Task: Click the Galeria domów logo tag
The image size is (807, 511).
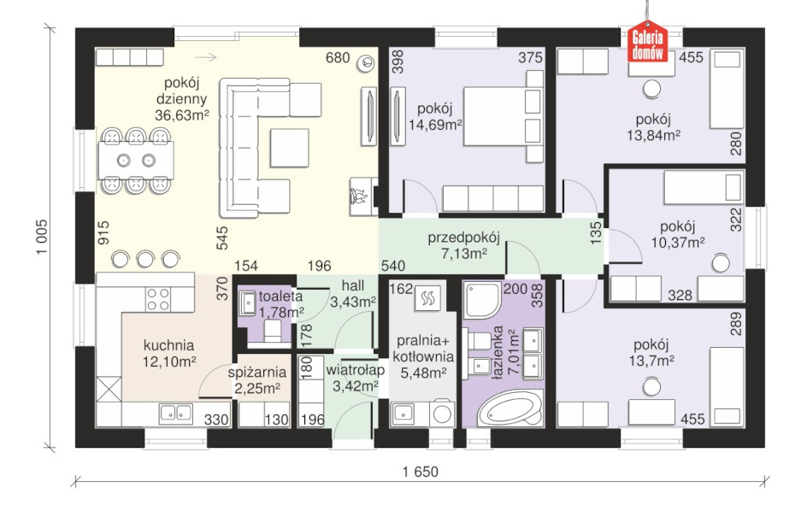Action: (647, 41)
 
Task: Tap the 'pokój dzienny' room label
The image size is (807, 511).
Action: (182, 91)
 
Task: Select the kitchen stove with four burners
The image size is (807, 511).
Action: (157, 299)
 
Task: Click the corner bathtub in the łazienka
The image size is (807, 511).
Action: (510, 409)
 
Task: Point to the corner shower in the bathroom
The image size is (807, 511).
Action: (482, 299)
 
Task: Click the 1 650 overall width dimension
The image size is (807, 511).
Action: (421, 472)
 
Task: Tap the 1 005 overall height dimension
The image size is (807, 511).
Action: (42, 237)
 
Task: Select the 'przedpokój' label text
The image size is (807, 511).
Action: (463, 238)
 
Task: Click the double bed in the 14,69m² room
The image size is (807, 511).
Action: (504, 116)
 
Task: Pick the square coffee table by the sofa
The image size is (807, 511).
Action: (289, 148)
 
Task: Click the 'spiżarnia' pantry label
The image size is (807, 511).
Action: (256, 372)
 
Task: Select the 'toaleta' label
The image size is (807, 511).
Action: (280, 296)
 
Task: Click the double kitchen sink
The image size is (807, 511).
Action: (175, 413)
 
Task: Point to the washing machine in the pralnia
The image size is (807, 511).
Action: (442, 414)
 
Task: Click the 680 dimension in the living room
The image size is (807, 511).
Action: (338, 57)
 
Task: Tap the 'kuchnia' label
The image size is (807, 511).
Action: (168, 344)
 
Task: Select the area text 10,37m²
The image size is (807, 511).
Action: (678, 242)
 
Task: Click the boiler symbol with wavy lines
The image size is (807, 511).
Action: (427, 298)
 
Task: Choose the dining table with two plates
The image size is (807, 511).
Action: (136, 161)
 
